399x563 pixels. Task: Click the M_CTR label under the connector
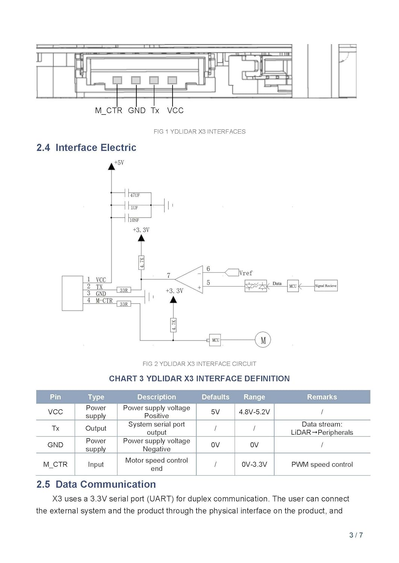pos(108,110)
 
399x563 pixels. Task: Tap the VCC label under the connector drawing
pos(175,110)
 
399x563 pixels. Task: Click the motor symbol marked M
pos(263,340)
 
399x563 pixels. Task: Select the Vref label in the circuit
pos(246,273)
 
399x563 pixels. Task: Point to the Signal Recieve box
pos(326,286)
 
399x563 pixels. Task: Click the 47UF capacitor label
pos(135,195)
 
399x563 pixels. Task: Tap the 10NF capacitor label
pos(134,220)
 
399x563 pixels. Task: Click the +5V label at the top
pos(119,163)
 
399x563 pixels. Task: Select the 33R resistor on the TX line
pos(124,290)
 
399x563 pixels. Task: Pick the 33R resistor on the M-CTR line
pos(124,304)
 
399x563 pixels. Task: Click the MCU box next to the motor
pos(215,340)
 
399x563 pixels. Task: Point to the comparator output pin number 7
pos(168,275)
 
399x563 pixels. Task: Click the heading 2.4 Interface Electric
pos(86,148)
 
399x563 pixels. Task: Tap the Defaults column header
pos(215,397)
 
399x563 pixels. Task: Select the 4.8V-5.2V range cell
pos(254,412)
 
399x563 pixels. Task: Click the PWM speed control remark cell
pos(322,464)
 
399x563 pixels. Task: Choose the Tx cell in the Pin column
pos(55,428)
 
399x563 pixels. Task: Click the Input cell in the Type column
pos(96,464)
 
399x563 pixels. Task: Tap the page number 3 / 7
pos(356,535)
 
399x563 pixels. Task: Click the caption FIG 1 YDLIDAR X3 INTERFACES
pos(199,131)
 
